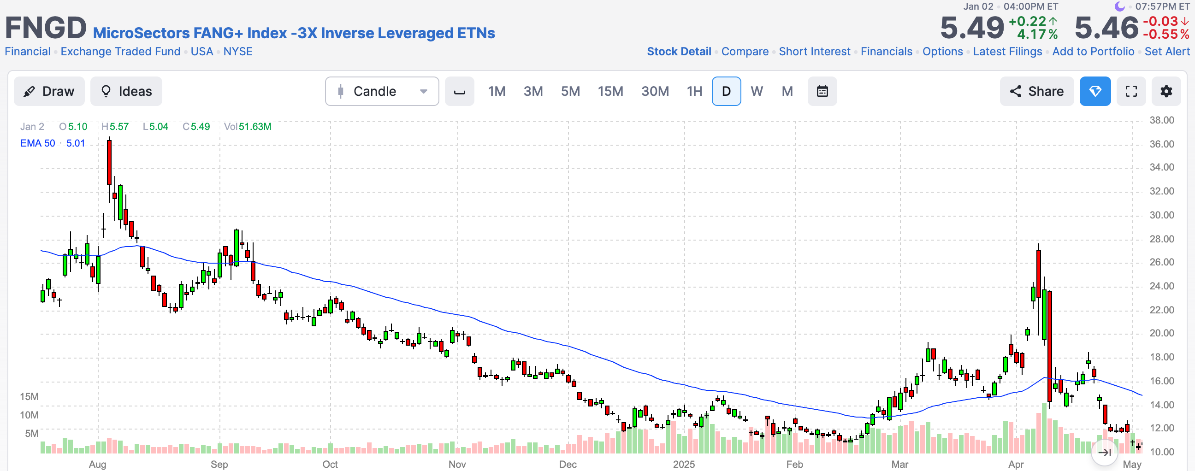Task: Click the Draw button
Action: (49, 91)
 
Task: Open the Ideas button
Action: (126, 91)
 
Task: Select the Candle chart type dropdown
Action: (382, 91)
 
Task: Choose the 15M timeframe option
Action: (610, 91)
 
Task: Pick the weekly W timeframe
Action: (757, 91)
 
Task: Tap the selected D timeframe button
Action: (726, 91)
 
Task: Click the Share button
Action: (1037, 91)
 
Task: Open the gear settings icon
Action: (1166, 91)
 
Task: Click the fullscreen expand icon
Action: (1131, 91)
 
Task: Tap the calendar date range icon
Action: (822, 91)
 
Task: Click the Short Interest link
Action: (814, 52)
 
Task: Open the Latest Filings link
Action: (1007, 52)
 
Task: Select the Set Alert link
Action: (1167, 52)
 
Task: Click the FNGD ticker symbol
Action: (46, 28)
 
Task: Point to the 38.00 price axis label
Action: (1162, 120)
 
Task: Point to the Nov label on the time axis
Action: (457, 464)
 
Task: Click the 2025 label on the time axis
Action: (684, 464)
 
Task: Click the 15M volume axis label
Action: (29, 396)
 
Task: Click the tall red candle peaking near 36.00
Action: (109, 162)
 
